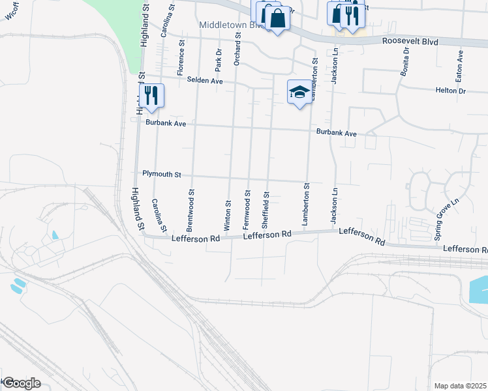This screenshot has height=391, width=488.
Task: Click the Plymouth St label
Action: click(162, 175)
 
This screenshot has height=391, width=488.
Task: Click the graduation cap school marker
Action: click(299, 93)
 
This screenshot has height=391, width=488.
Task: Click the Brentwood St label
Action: click(190, 211)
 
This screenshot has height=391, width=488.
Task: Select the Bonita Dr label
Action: click(404, 62)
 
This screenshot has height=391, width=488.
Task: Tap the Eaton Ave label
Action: click(460, 64)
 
